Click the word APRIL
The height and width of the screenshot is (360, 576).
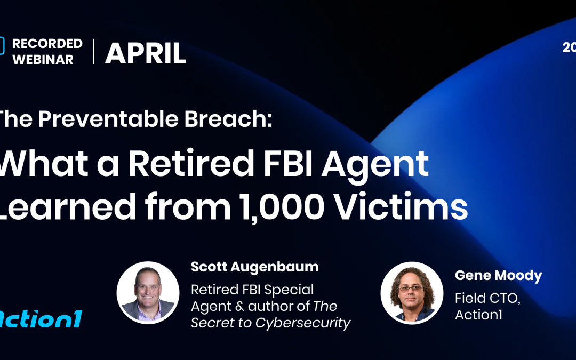pyautogui.click(x=145, y=53)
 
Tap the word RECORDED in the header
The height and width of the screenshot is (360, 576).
pyautogui.click(x=47, y=44)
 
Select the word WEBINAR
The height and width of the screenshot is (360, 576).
pyautogui.click(x=43, y=60)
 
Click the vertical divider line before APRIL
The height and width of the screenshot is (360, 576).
pyautogui.click(x=94, y=52)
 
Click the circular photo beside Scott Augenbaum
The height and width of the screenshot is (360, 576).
pyautogui.click(x=148, y=293)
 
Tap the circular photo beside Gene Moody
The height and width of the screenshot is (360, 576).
pyautogui.click(x=412, y=293)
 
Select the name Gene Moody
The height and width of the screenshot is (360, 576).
pyautogui.click(x=498, y=276)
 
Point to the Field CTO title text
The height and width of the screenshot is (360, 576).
pyautogui.click(x=487, y=299)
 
